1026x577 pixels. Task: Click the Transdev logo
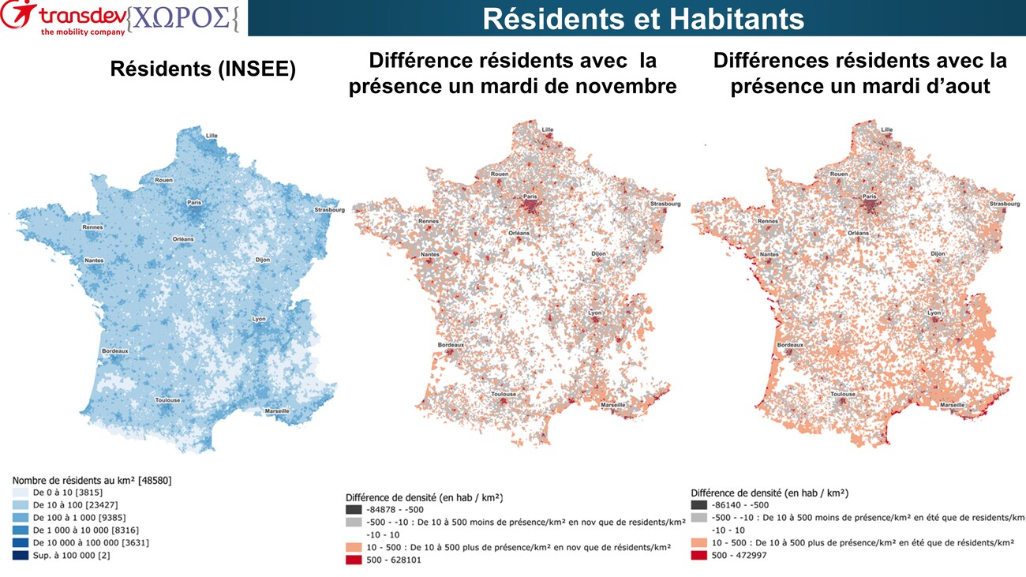pos(63,18)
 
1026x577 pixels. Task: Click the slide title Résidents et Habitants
pos(642,19)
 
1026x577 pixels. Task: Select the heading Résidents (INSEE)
pos(203,69)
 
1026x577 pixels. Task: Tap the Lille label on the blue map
pos(212,135)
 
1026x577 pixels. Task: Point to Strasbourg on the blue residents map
pos(329,210)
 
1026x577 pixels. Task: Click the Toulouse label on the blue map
pos(167,400)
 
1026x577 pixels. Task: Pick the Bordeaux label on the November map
pos(452,345)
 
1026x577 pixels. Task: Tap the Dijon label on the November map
pos(600,253)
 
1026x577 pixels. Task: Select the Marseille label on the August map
pos(952,405)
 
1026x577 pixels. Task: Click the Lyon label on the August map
pos(934,313)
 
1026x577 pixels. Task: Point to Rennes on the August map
pos(767,221)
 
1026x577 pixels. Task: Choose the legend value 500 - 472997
pos(739,555)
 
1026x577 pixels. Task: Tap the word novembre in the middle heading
pos(629,86)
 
